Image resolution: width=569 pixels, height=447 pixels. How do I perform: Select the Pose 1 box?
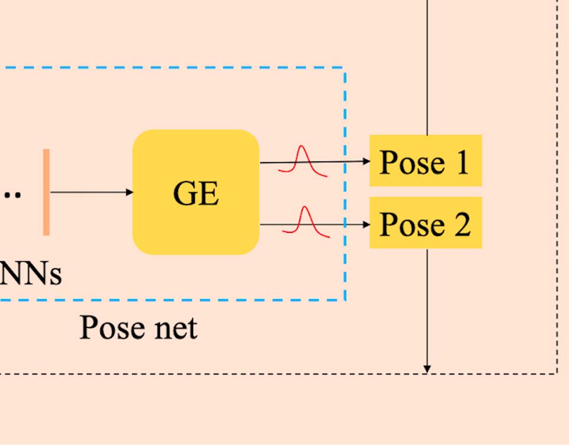(425, 160)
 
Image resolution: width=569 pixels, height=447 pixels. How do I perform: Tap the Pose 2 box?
(425, 223)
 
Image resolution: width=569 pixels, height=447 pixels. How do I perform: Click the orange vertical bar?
(46, 192)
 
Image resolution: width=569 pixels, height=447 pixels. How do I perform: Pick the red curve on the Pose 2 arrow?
(305, 223)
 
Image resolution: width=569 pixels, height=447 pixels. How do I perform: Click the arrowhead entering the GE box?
(129, 192)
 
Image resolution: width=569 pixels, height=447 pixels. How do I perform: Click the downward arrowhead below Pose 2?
(427, 369)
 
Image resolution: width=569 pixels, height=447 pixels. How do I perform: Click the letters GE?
(196, 193)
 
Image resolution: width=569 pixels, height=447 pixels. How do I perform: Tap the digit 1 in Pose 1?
(462, 162)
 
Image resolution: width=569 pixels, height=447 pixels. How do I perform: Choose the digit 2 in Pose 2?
(462, 224)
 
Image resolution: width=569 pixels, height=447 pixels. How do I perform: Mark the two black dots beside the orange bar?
(12, 194)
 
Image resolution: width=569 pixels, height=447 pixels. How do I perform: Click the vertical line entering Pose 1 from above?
(427, 65)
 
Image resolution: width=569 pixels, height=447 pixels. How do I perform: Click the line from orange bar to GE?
(89, 192)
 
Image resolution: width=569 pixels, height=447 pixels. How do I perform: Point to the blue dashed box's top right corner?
(344, 68)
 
